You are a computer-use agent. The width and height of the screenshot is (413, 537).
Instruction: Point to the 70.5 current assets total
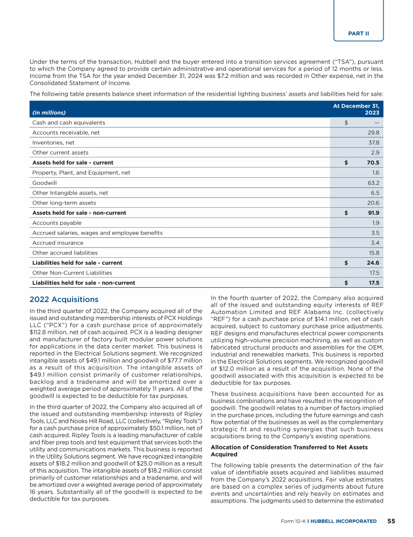(373, 162)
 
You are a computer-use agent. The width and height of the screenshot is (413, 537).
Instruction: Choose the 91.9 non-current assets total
(373, 213)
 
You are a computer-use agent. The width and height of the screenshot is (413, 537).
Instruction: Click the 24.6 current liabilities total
(373, 263)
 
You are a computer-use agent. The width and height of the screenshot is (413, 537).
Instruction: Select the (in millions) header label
(48, 113)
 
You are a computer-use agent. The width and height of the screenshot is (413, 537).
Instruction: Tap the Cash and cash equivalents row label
(68, 122)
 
